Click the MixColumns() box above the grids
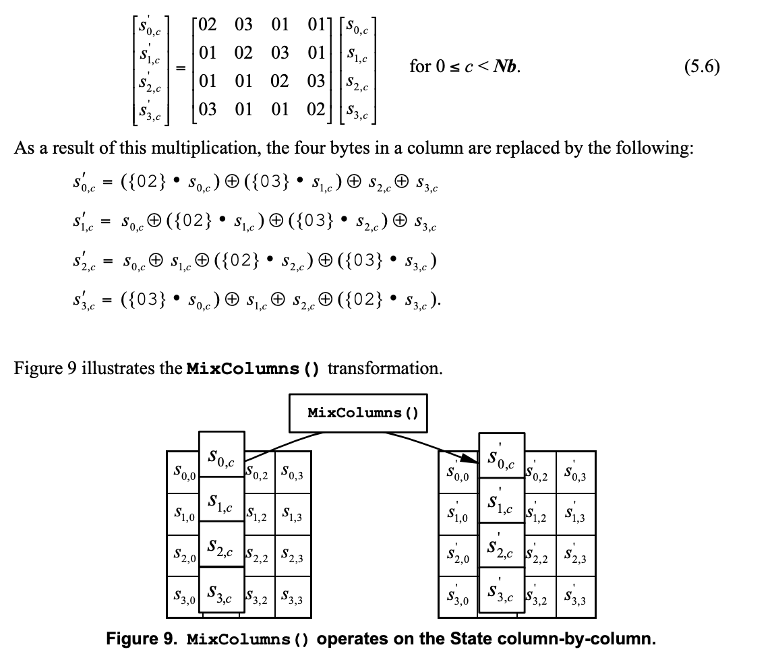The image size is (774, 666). pos(363,413)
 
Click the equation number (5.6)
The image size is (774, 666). pos(701,67)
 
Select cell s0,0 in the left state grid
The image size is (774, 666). pos(183,473)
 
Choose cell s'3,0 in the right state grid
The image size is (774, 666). pos(458,597)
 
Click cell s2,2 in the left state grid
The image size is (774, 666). pos(260,557)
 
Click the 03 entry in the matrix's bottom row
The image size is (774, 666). pos(208,109)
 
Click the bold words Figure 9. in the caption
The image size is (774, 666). pos(142,638)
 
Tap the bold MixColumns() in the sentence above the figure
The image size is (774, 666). pos(252,369)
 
